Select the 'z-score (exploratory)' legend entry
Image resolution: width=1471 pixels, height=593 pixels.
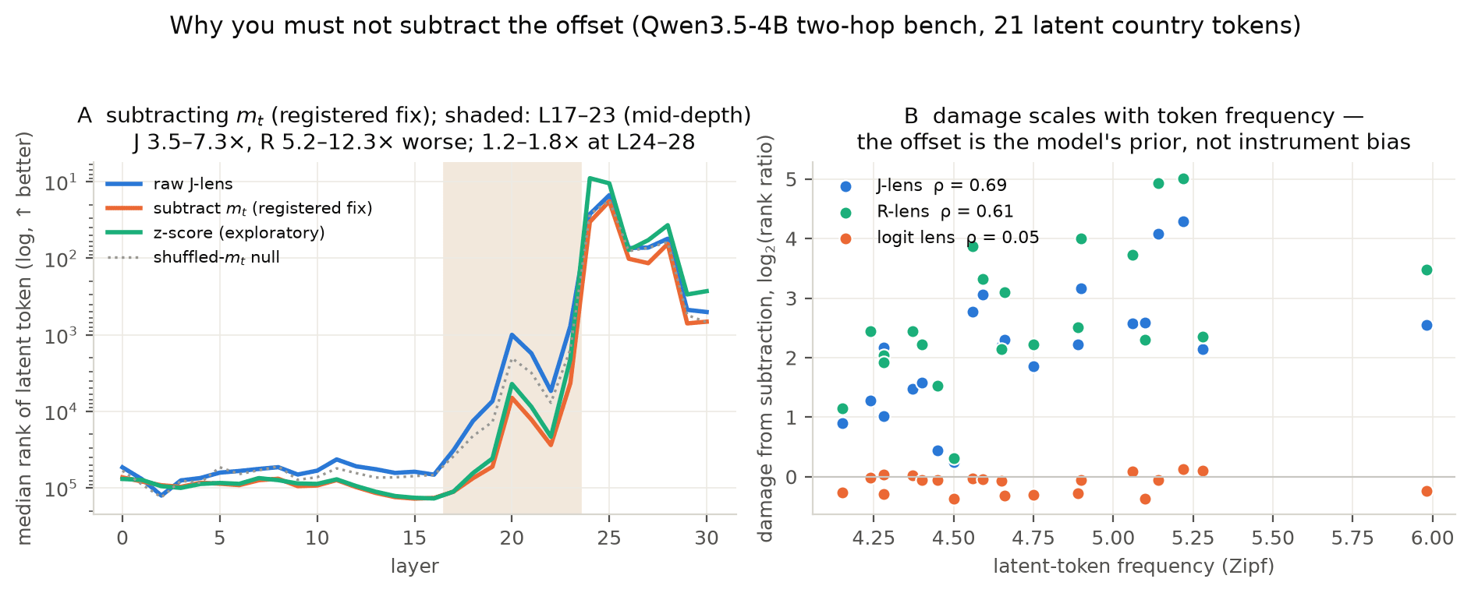pos(216,233)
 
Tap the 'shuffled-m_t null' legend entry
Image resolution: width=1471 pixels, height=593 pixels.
pos(193,257)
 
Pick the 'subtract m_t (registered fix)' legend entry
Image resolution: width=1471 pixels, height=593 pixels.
pos(239,209)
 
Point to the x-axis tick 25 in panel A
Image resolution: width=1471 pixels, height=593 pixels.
pos(609,538)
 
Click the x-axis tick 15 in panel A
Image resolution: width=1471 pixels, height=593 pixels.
pos(414,538)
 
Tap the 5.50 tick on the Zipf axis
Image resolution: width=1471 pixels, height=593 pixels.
pos(1273,538)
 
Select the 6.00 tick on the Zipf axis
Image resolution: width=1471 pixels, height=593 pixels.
pos(1433,538)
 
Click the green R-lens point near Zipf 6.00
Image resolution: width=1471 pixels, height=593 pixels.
pos(1427,270)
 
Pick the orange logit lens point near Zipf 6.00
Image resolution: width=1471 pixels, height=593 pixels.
pos(1427,491)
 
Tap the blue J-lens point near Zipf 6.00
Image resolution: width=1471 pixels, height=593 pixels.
pos(1427,325)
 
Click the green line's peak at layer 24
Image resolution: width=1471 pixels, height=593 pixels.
pos(590,178)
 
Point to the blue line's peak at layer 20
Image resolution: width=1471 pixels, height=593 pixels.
pos(512,334)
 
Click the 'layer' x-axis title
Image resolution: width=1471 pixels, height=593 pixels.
pos(415,566)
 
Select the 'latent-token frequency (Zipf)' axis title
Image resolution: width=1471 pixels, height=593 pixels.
pos(1134,566)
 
